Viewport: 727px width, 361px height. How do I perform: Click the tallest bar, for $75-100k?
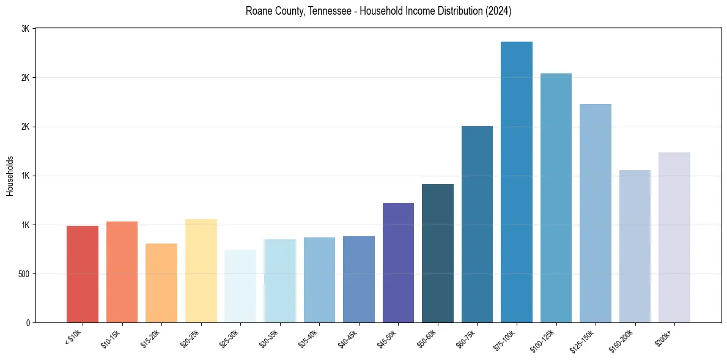(x=517, y=182)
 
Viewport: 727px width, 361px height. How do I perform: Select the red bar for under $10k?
(x=83, y=274)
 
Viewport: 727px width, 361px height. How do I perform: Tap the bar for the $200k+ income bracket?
(x=674, y=237)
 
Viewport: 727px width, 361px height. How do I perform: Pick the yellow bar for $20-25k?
(x=201, y=270)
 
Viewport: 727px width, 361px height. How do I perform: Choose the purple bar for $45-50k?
(x=398, y=262)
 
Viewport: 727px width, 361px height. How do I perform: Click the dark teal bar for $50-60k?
(x=438, y=253)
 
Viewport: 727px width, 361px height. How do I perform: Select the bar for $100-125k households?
(x=556, y=198)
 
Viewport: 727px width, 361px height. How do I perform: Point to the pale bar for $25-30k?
(x=240, y=286)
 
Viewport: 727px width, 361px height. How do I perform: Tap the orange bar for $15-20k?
(x=161, y=283)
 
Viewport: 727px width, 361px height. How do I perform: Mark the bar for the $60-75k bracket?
(x=477, y=224)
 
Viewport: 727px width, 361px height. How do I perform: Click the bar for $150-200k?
(x=635, y=246)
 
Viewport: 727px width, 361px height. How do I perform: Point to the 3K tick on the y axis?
(x=25, y=29)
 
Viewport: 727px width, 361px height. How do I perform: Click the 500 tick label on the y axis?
(x=23, y=274)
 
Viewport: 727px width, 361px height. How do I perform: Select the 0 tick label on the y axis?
(x=27, y=322)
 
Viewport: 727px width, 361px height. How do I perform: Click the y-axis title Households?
(x=10, y=176)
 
